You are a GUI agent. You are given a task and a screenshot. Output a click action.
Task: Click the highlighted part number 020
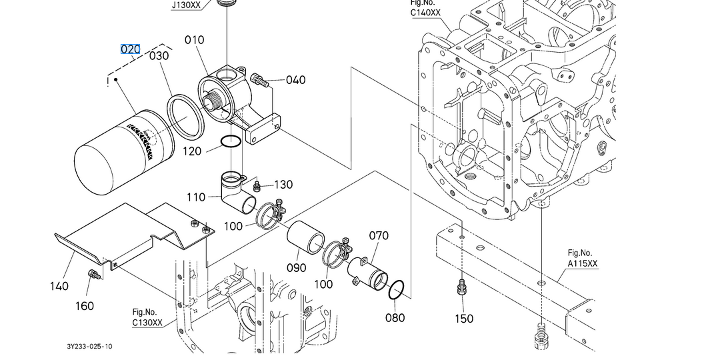[x=130, y=49]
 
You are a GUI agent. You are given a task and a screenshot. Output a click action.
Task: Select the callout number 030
[x=159, y=56]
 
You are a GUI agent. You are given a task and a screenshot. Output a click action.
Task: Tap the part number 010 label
[x=195, y=41]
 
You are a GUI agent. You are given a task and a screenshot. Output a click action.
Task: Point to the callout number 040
[x=295, y=80]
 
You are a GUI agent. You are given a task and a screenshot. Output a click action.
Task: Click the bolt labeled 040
[x=260, y=81]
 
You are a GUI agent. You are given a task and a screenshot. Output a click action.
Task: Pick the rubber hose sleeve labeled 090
[x=305, y=237]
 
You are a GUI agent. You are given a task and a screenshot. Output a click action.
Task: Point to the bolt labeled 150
[x=461, y=288]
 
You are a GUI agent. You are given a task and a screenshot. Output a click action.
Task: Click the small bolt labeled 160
[x=94, y=275]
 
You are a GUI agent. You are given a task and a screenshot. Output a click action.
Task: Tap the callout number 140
[x=59, y=286]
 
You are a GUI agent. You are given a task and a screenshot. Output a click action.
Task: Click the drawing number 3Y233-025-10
[x=89, y=347]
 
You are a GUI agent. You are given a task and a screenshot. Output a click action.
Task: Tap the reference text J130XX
[x=186, y=5]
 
